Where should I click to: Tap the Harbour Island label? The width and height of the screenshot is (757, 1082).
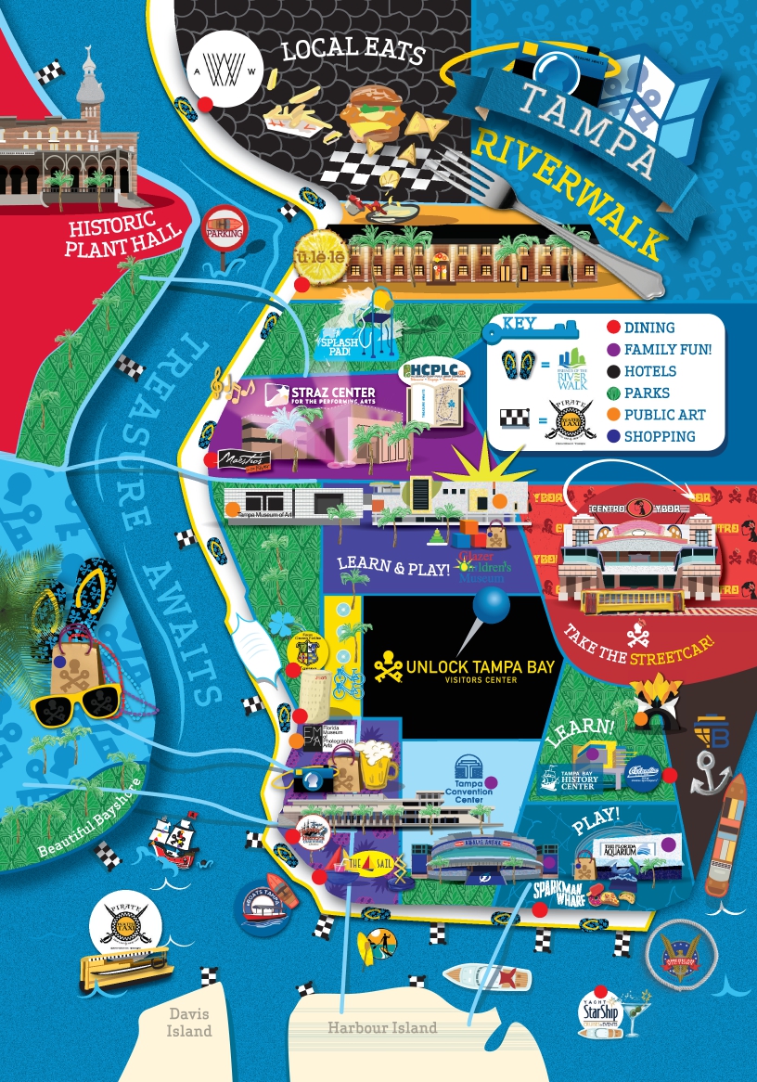tap(381, 1027)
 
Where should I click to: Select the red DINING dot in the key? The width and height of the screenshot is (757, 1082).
tap(611, 328)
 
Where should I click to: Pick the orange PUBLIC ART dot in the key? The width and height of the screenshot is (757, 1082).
tap(611, 415)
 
